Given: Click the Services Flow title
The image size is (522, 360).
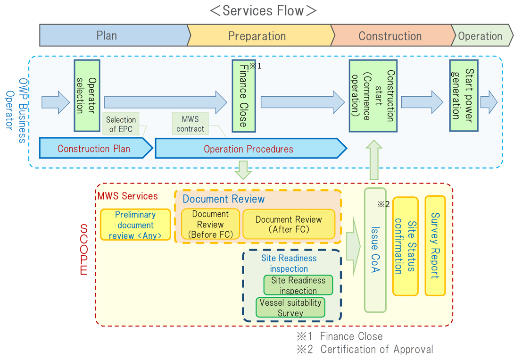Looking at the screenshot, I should tap(263, 10).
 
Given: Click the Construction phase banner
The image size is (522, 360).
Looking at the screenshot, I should tap(390, 36).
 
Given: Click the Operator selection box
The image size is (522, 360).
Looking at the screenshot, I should tap(87, 96).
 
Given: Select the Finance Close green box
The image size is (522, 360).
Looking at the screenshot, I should tap(243, 96).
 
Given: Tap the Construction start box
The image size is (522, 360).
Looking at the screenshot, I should tap(373, 96).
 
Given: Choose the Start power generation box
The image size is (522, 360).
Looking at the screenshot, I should tap(464, 95).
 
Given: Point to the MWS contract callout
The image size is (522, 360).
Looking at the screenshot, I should tap(190, 124).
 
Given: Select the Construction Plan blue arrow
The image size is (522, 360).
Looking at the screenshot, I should tap(94, 149).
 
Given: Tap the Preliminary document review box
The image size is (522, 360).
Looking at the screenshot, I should tap(135, 225).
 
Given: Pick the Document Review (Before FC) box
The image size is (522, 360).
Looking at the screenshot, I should tap(210, 224).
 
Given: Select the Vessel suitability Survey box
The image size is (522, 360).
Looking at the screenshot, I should tap(290, 308).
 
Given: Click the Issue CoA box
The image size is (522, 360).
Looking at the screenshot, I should tap(375, 250).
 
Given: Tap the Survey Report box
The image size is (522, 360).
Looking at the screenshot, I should tap(435, 246).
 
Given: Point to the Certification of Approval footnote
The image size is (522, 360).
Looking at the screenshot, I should tap(365, 350).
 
